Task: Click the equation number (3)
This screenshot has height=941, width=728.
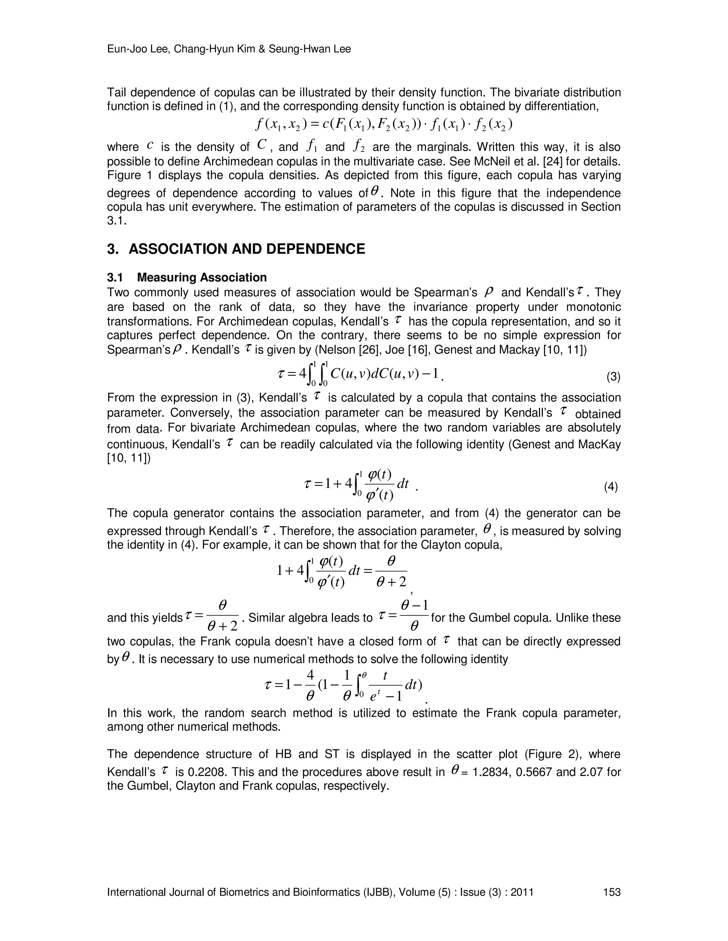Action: pyautogui.click(x=613, y=377)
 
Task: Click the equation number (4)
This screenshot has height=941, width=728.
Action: pyautogui.click(x=611, y=487)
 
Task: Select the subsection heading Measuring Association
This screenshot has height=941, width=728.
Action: pyautogui.click(x=202, y=277)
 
